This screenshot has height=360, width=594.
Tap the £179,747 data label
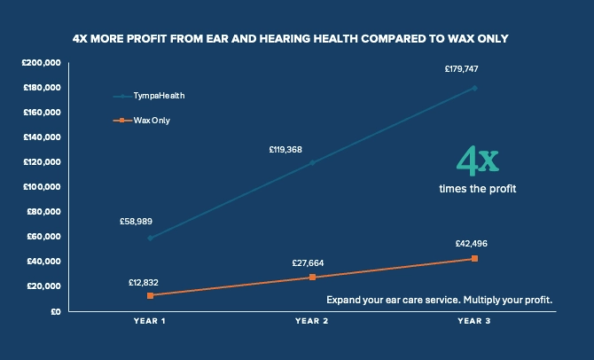(462, 68)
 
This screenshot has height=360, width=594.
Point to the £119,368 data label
(285, 150)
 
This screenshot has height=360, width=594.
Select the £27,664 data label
(309, 263)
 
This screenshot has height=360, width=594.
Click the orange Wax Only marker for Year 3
(475, 258)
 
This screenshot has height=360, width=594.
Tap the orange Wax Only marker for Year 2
(312, 278)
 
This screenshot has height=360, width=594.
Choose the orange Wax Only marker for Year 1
(150, 295)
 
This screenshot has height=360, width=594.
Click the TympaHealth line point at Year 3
(475, 88)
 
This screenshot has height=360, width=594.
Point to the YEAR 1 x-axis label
(149, 320)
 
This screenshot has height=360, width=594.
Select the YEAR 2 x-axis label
(312, 320)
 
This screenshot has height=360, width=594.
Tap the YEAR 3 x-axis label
(475, 320)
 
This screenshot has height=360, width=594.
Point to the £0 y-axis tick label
(54, 311)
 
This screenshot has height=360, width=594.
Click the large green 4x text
(477, 162)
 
